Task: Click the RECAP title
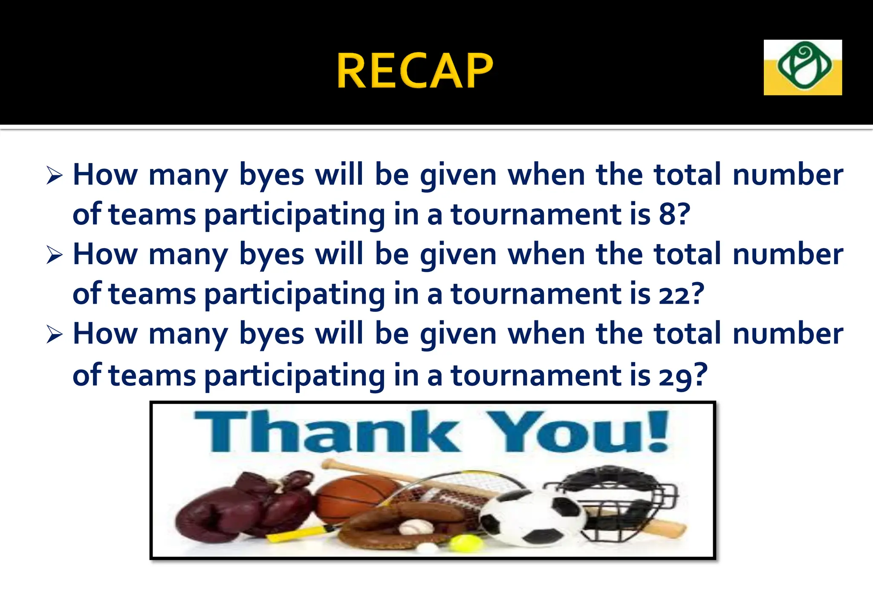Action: tap(415, 70)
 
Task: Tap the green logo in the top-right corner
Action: tap(803, 67)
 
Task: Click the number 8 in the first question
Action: tap(667, 214)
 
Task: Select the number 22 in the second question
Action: tap(673, 294)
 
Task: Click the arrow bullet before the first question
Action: tap(55, 176)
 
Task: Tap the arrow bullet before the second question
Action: tap(55, 255)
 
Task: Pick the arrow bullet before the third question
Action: tap(55, 334)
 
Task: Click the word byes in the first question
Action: tap(272, 176)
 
